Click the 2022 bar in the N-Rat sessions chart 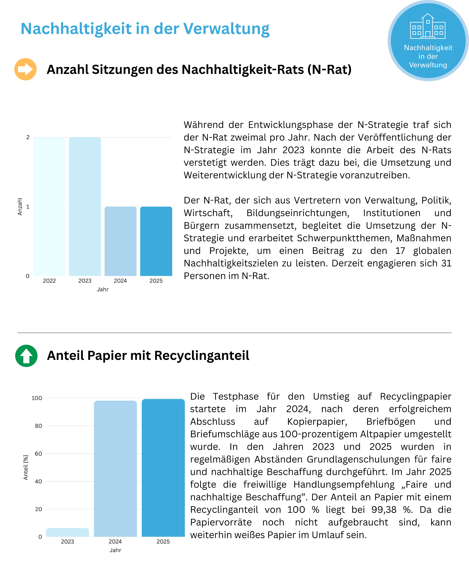pyautogui.click(x=49, y=207)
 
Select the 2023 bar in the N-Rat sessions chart pyautogui.click(x=85, y=207)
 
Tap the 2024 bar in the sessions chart pyautogui.click(x=120, y=241)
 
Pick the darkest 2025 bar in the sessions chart pyautogui.click(x=156, y=241)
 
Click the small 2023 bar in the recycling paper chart pyautogui.click(x=67, y=533)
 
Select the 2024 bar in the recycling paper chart pyautogui.click(x=115, y=469)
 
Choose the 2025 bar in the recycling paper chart pyautogui.click(x=163, y=468)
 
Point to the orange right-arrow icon pyautogui.click(x=26, y=69)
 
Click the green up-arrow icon pyautogui.click(x=26, y=356)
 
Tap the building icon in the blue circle pyautogui.click(x=428, y=26)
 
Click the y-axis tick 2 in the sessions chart pyautogui.click(x=28, y=137)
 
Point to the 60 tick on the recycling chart pyautogui.click(x=39, y=454)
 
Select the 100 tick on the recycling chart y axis pyautogui.click(x=37, y=398)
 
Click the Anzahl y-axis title pyautogui.click(x=20, y=207)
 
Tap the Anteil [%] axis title pyautogui.click(x=26, y=468)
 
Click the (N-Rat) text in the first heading pyautogui.click(x=330, y=70)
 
